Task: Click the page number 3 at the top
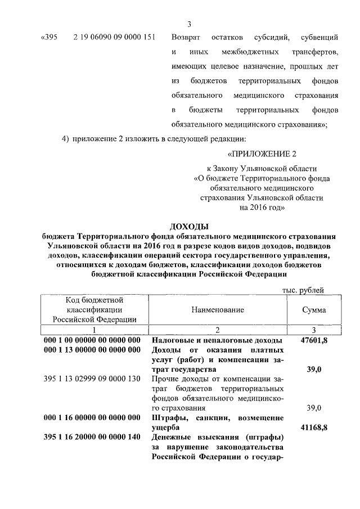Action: point(190,24)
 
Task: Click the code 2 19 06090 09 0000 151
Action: point(115,38)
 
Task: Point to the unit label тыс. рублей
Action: point(303,290)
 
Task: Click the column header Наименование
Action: point(217,310)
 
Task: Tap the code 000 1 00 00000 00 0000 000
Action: point(92,341)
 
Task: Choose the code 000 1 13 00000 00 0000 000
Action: point(92,350)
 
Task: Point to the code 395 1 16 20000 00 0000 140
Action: point(92,438)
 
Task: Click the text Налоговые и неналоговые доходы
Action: point(217,341)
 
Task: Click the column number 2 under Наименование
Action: point(217,329)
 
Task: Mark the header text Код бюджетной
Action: point(95,300)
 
